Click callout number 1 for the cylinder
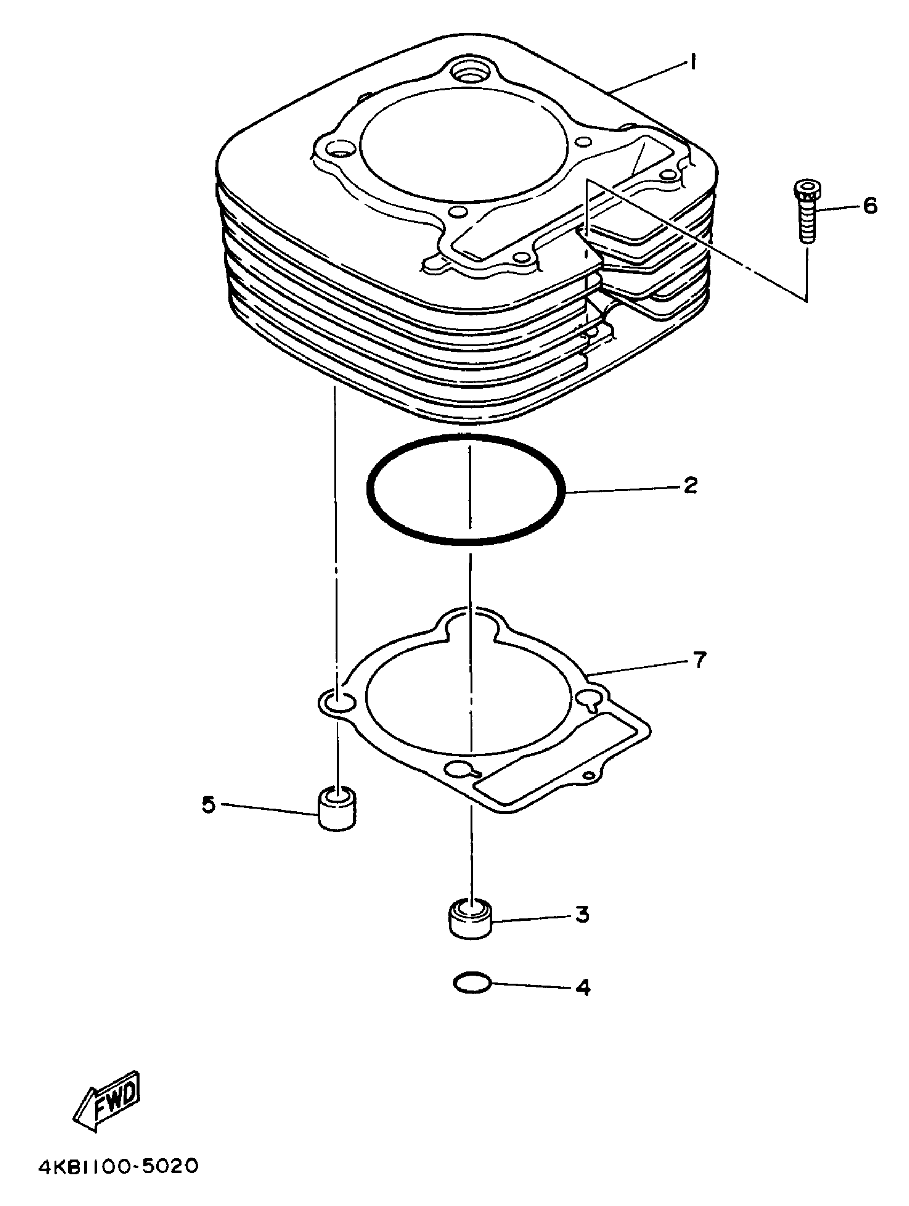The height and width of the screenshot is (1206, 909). (x=692, y=63)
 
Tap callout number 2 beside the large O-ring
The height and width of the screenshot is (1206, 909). (x=690, y=485)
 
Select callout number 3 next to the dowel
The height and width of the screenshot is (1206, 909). (x=582, y=914)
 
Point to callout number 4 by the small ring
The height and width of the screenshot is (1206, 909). (x=583, y=987)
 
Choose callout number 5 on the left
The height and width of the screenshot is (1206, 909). (x=209, y=804)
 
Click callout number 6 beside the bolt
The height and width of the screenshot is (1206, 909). (x=870, y=207)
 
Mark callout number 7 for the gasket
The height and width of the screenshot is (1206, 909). (x=699, y=660)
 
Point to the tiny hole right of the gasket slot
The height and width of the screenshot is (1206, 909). (x=588, y=775)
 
